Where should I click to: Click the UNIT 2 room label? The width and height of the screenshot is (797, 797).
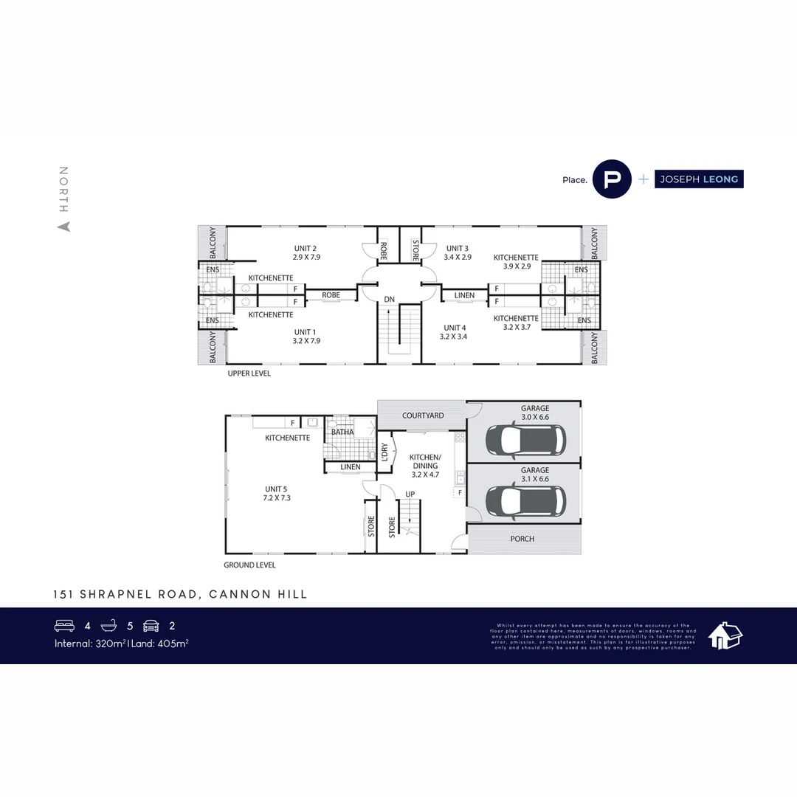click(x=306, y=248)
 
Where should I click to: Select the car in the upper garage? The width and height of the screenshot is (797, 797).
click(x=525, y=441)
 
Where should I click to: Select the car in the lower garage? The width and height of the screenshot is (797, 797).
click(x=525, y=500)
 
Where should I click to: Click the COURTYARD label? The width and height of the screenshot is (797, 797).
click(x=423, y=415)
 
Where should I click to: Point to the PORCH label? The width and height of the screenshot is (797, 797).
click(x=522, y=539)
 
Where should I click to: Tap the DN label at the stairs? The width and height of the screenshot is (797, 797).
click(x=390, y=300)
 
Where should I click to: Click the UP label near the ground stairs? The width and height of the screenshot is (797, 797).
click(x=410, y=494)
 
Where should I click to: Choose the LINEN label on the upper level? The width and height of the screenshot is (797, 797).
click(x=464, y=295)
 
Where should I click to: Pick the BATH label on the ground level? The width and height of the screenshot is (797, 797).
click(x=342, y=432)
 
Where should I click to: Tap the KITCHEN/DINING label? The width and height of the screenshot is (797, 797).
click(x=425, y=461)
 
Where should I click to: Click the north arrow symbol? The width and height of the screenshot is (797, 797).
click(x=64, y=227)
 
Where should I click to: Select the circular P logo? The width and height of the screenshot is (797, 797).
click(x=613, y=179)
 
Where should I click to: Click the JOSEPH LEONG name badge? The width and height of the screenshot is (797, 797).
click(x=699, y=179)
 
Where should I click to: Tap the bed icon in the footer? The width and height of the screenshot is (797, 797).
click(x=65, y=626)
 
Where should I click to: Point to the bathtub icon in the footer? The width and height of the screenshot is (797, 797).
click(x=108, y=626)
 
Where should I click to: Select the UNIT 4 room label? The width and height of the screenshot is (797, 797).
click(x=455, y=328)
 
